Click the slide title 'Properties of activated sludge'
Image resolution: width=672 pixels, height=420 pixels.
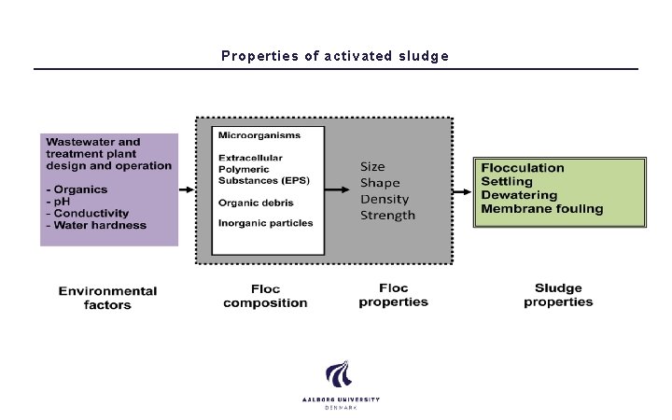coord(335,56)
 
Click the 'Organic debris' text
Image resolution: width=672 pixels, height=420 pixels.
coord(257,203)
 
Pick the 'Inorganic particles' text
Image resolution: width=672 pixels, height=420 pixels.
coord(266,223)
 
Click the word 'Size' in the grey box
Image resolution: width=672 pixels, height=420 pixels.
coord(372,166)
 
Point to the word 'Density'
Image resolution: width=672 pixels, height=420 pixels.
coord(384,199)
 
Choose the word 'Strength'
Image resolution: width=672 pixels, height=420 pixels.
coord(388,216)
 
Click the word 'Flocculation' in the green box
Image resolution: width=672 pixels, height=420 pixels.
coord(523,168)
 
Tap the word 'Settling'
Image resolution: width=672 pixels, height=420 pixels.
coord(507,181)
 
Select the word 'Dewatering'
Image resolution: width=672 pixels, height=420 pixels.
coord(519,195)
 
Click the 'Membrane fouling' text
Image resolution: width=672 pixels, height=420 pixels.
coord(542,209)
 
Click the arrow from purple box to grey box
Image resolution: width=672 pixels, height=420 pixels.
coord(186,189)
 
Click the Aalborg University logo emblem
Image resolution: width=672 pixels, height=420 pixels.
coord(340,375)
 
